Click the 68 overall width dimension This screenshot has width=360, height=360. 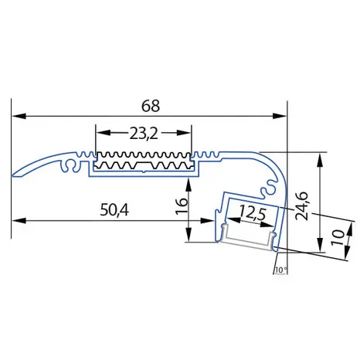151,106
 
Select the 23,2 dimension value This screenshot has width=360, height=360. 144,134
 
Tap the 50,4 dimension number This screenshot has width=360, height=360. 114,210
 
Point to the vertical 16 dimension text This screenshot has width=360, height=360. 182,206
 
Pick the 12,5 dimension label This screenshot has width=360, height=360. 253,213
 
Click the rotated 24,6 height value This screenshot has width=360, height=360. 302,206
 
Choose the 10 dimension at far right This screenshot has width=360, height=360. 338,237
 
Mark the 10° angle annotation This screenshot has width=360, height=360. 281,270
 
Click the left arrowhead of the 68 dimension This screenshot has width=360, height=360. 19,116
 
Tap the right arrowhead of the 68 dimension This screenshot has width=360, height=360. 280,116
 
